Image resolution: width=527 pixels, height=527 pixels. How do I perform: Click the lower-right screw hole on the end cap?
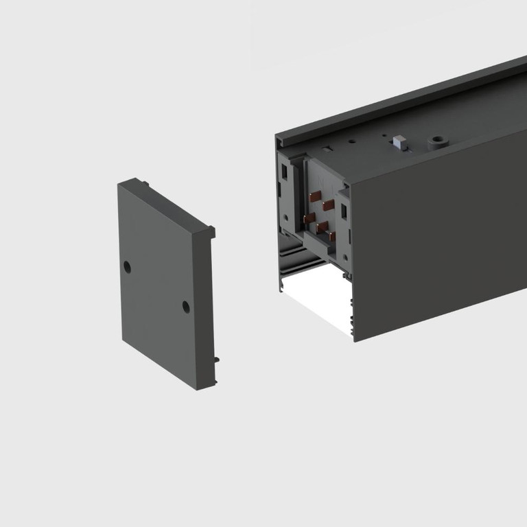[x=186, y=307]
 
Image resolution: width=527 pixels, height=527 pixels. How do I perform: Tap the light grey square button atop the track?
[x=399, y=143]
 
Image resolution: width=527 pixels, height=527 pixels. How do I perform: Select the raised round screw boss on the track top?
[x=435, y=143]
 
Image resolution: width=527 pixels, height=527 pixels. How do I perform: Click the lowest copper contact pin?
[x=332, y=236]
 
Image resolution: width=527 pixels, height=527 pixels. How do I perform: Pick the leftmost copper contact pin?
[x=309, y=217]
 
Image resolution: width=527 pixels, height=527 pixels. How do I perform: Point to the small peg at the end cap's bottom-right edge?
[x=216, y=358]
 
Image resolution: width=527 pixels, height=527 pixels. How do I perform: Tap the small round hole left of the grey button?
[x=351, y=142]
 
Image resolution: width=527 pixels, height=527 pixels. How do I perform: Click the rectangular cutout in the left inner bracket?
[x=283, y=187]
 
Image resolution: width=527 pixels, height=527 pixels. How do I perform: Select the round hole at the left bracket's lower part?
[x=283, y=218]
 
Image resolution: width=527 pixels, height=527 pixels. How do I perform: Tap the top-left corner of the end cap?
[x=121, y=183]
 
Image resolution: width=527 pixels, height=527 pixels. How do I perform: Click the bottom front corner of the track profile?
[x=354, y=339]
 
